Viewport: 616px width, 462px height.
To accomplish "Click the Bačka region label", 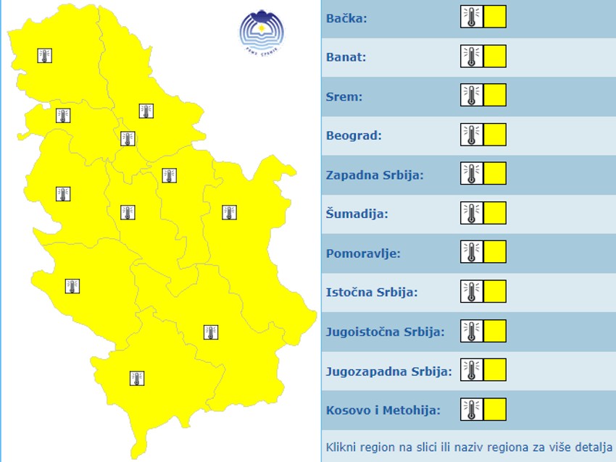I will pos(346,18).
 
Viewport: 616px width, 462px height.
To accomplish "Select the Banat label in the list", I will pos(346,57).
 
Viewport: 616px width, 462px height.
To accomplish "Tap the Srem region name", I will pos(344,96).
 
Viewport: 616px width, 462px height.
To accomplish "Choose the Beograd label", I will pos(354,135).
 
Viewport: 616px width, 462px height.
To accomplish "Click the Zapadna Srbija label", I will pos(375,175).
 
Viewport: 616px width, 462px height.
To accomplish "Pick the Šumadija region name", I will pos(357,214).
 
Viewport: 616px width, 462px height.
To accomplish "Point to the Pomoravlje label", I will pos(363,253).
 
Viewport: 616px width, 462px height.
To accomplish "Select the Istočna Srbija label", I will pos(371,293).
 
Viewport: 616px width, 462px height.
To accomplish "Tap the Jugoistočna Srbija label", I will pos(385,332).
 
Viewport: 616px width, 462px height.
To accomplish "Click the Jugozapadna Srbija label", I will pos(388,371).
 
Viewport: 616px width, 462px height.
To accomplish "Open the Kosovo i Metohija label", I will pos(383,411).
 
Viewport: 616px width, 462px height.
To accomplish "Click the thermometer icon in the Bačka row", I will pos(471,17).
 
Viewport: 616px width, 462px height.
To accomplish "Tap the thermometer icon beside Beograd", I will pos(471,135).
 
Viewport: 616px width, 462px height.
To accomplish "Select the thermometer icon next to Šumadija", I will pos(471,213).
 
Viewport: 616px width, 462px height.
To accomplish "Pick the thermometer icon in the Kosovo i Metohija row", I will pos(471,409).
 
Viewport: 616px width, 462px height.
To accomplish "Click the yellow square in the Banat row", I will pos(495,56).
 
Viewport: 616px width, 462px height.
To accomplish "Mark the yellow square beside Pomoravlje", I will pos(495,252).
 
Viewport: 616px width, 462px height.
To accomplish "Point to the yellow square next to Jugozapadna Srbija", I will pos(495,370).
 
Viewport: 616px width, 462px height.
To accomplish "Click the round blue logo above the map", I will pos(262,31).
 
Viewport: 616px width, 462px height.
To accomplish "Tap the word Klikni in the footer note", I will pos(341,446).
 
